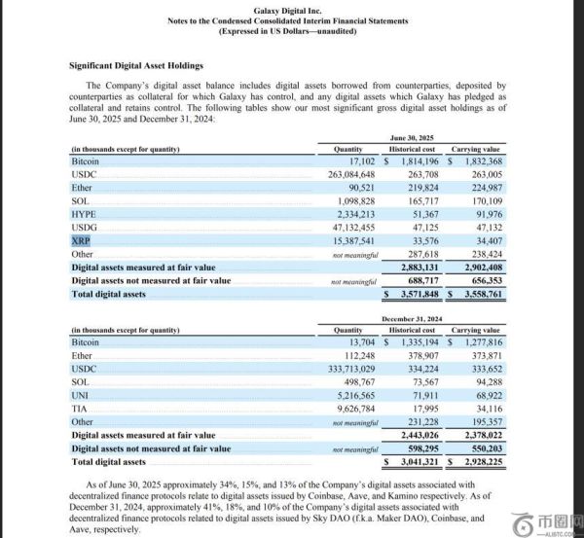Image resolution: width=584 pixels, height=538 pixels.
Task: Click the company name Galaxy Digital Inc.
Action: (293, 9)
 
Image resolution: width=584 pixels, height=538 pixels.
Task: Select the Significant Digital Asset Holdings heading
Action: (136, 65)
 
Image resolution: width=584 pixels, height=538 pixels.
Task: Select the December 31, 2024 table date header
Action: (418, 318)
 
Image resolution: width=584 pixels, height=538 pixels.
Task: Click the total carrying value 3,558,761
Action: (478, 293)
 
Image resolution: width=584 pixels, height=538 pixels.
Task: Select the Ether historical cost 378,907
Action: (420, 356)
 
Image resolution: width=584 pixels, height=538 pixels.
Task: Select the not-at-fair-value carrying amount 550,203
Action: (481, 448)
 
